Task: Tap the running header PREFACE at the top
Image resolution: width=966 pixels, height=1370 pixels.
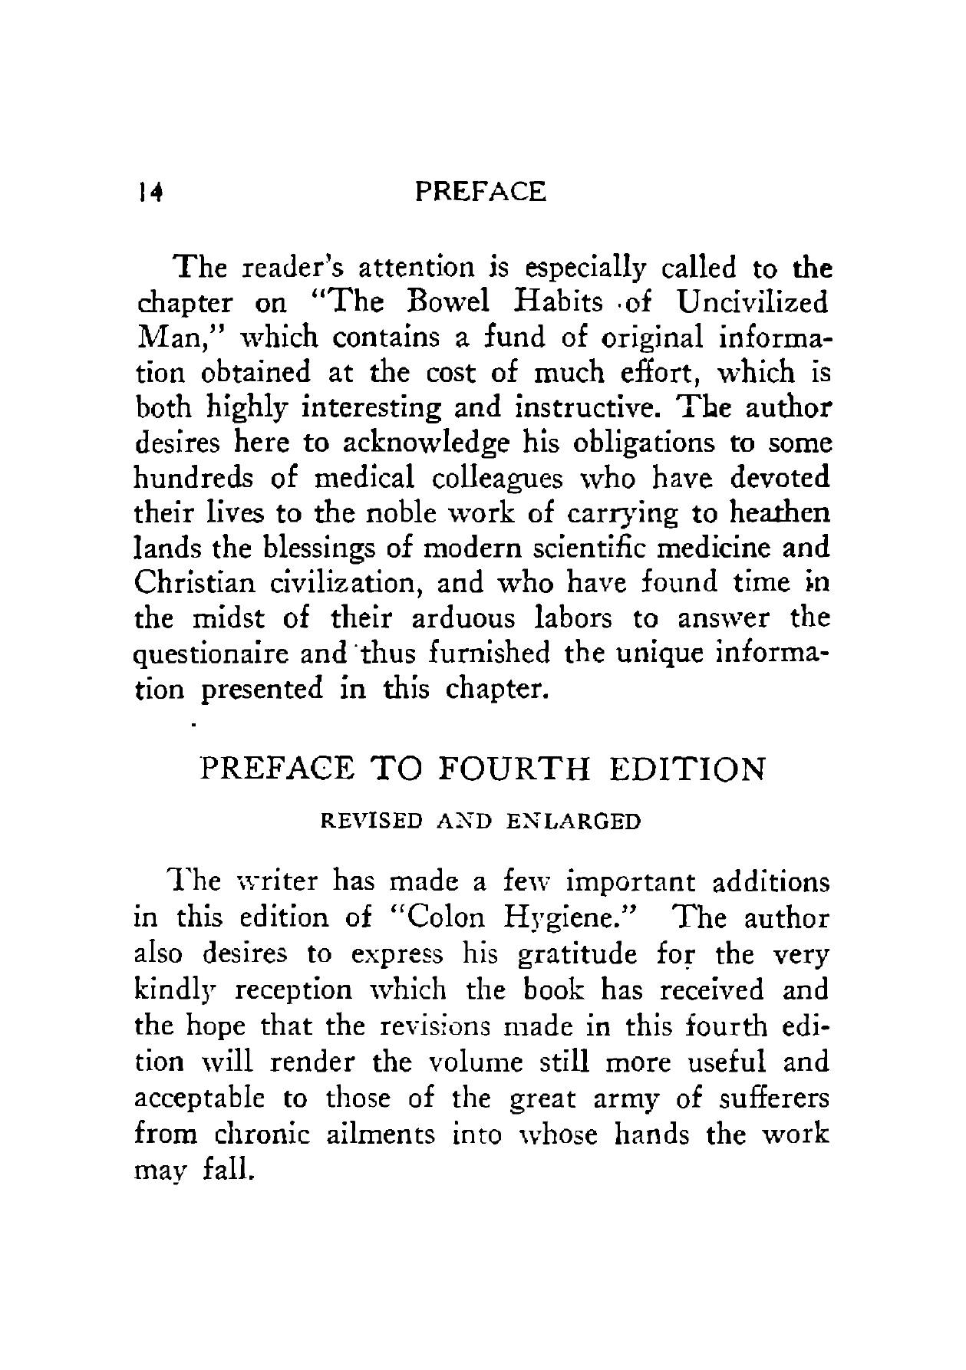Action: coord(480,191)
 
